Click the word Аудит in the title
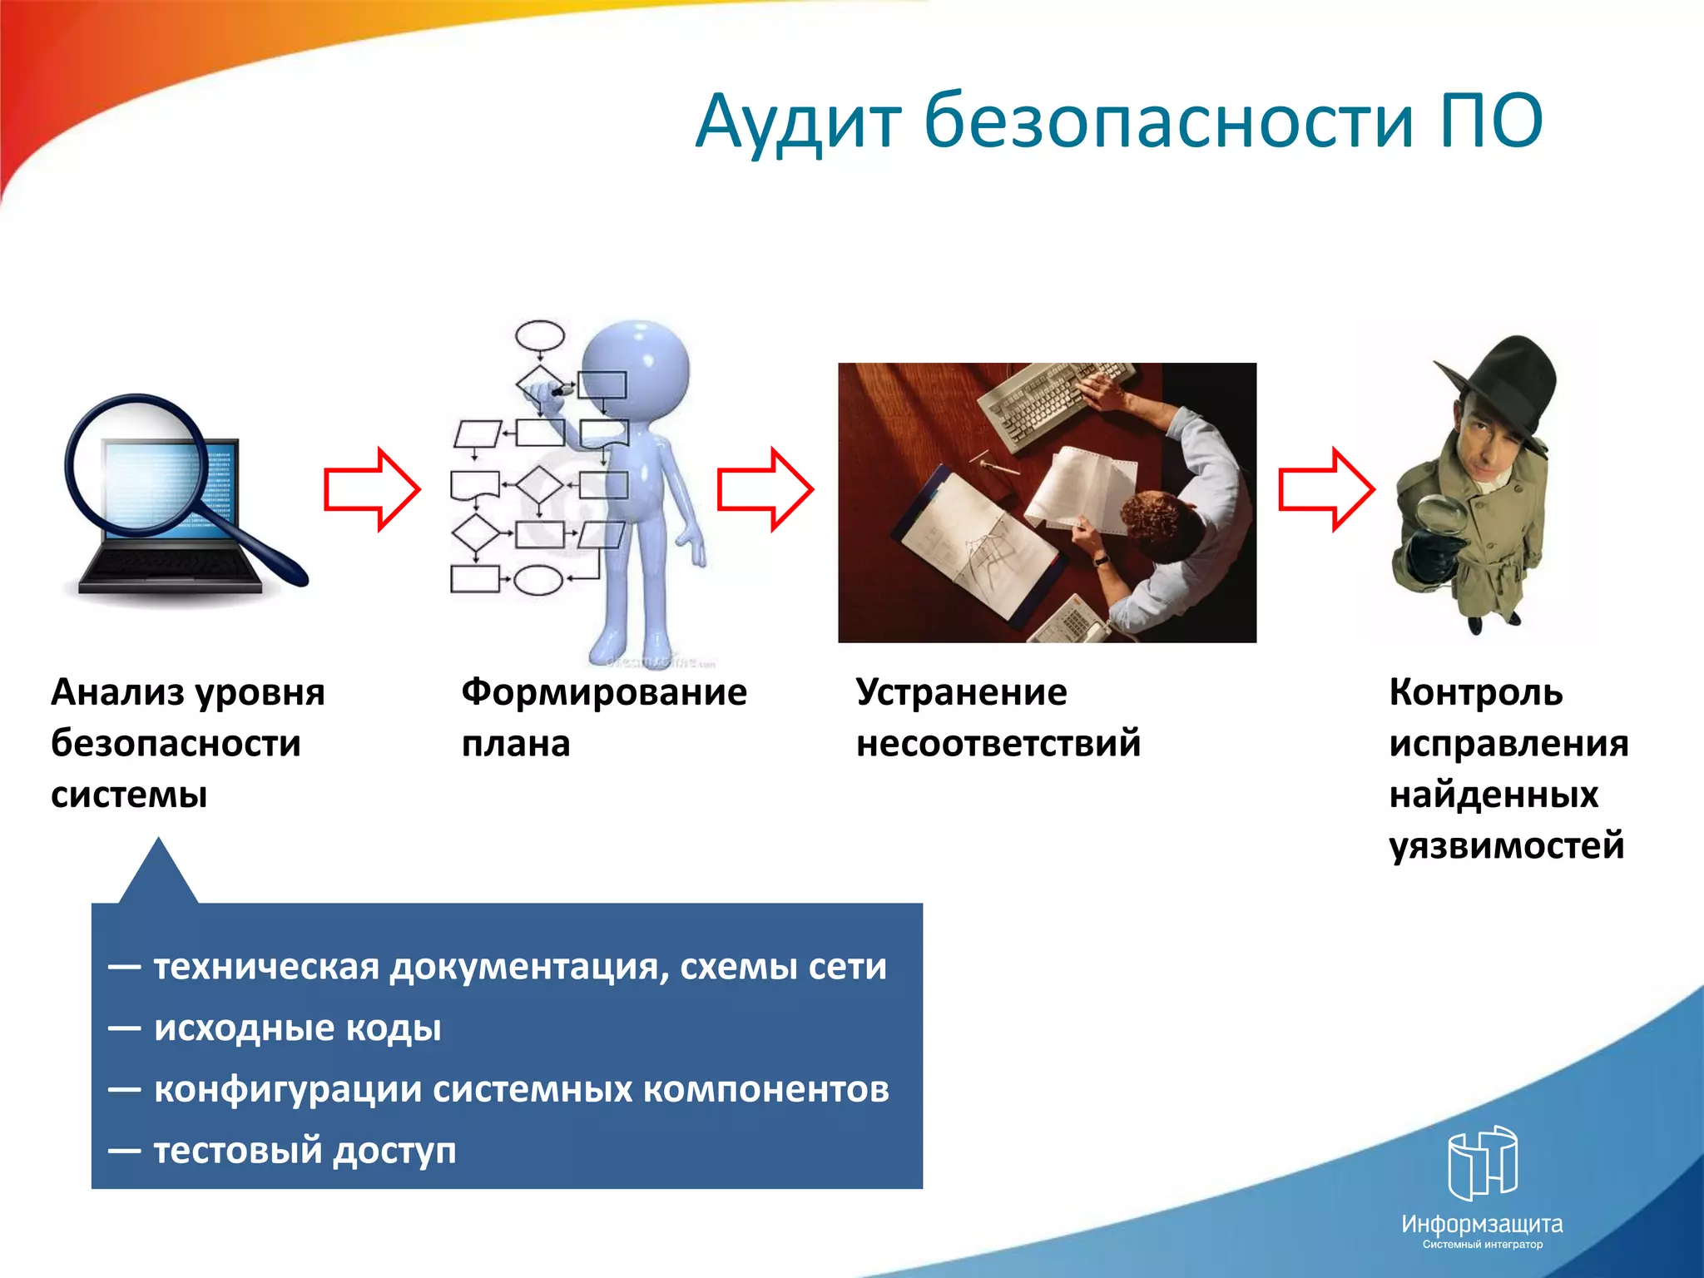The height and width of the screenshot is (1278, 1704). [797, 123]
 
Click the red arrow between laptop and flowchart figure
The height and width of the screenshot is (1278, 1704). [371, 489]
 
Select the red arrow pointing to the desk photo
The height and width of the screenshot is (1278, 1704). [765, 489]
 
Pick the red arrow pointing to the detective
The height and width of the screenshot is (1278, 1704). [1325, 489]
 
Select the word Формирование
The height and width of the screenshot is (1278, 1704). [604, 692]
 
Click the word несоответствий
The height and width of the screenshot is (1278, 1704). [998, 743]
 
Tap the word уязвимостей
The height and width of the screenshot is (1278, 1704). [1506, 845]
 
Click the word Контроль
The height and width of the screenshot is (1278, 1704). [1475, 692]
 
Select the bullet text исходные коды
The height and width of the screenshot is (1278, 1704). [297, 1028]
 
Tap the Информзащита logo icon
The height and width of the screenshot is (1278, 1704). [1482, 1162]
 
